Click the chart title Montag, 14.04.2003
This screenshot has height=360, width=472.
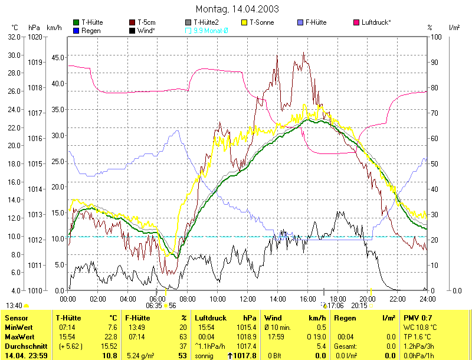(x=237, y=9)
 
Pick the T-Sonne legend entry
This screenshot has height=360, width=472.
(x=261, y=22)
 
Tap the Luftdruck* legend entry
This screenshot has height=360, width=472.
(x=376, y=22)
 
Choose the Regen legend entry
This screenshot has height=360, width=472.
(x=91, y=30)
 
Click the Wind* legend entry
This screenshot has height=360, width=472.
(x=146, y=30)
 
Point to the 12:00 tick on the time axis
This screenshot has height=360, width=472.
(x=248, y=299)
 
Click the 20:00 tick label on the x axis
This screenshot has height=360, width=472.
(x=368, y=299)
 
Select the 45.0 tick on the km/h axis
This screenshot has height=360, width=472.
(x=58, y=58)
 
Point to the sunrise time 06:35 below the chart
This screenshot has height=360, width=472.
(x=153, y=306)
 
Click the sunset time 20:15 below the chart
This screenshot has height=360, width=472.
(x=359, y=306)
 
